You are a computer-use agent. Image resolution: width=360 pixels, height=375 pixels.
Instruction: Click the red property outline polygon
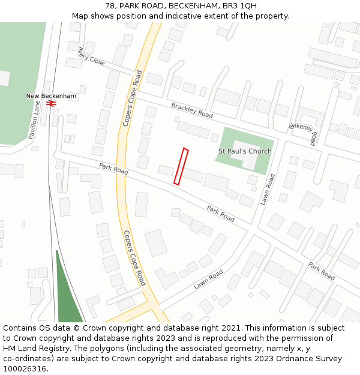point(181,166)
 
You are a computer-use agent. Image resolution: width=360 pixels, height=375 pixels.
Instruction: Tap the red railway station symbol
point(51,103)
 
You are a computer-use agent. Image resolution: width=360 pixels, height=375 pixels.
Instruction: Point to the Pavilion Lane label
point(35,119)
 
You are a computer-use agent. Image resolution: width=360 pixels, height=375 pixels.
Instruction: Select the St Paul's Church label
point(245,151)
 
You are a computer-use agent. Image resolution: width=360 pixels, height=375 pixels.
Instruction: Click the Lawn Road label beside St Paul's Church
point(268,189)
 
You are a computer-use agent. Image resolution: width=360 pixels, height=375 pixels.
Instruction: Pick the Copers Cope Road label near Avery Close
point(133,98)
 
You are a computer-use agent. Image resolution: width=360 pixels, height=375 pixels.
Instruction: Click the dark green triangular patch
point(68,293)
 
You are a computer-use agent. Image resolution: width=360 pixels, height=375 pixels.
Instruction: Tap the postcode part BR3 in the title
point(232,6)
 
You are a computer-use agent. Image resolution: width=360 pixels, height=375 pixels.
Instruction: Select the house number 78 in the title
point(110,6)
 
